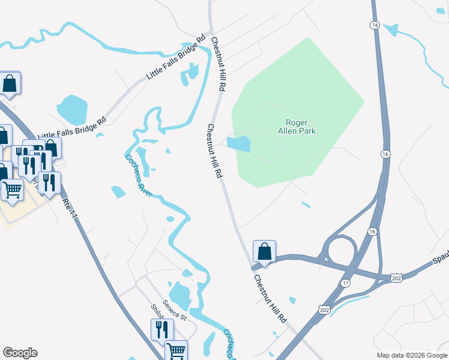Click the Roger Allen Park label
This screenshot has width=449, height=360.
[x=297, y=126]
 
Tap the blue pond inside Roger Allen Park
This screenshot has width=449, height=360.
[x=239, y=143]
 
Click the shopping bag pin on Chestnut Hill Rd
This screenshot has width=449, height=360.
[x=264, y=252]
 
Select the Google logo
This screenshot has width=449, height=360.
[x=20, y=353]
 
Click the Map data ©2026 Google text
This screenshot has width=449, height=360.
[x=411, y=355]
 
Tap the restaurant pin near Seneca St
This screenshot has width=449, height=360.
[x=162, y=329]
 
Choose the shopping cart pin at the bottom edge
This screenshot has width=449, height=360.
[x=176, y=350]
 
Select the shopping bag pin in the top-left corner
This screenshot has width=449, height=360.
[x=10, y=83]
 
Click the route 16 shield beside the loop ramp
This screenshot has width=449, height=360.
[x=372, y=232]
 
